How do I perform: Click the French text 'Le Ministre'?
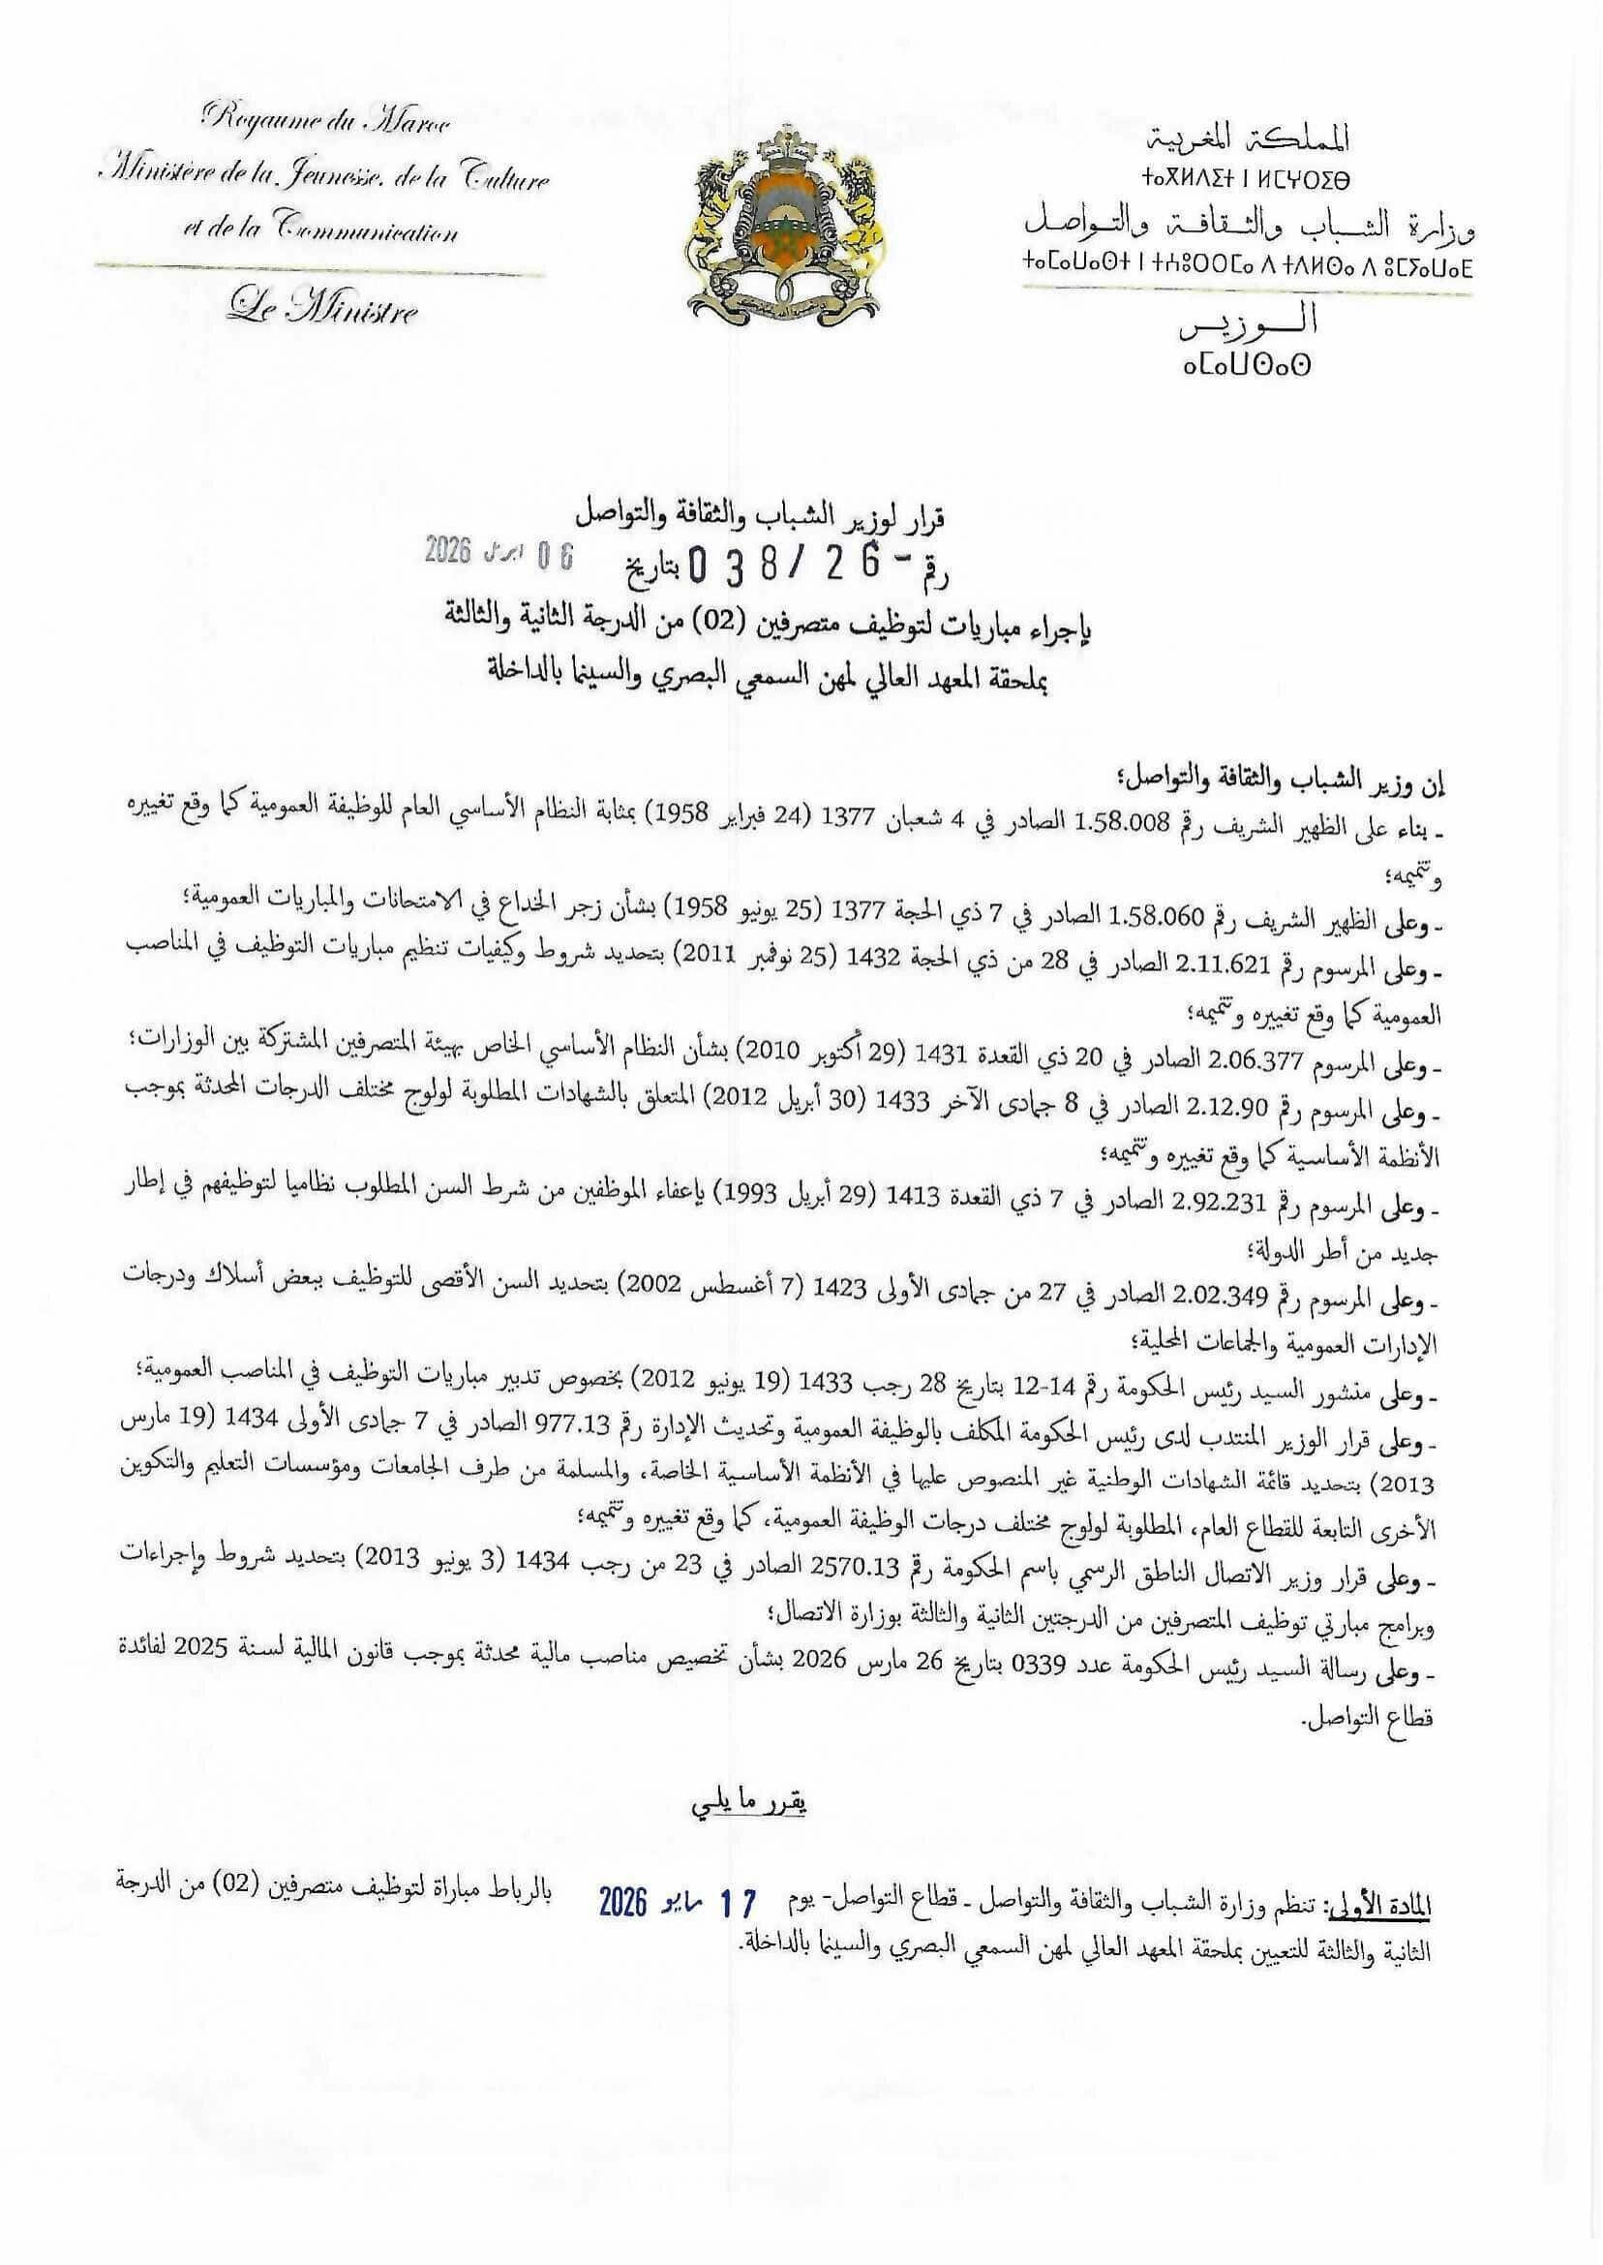[x=321, y=312]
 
